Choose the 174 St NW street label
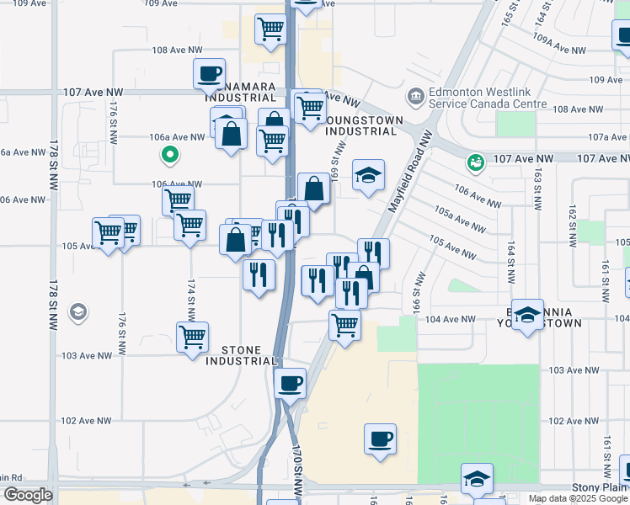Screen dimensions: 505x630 click(191, 300)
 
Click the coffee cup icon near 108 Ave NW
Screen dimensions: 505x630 click(209, 73)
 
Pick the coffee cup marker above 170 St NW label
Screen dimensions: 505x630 click(291, 383)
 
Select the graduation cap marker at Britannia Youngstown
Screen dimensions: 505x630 click(527, 315)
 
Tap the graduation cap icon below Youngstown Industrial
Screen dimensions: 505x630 click(368, 175)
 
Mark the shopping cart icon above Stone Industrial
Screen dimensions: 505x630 click(193, 336)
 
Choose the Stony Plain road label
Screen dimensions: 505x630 click(601, 487)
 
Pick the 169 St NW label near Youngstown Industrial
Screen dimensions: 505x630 click(334, 161)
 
